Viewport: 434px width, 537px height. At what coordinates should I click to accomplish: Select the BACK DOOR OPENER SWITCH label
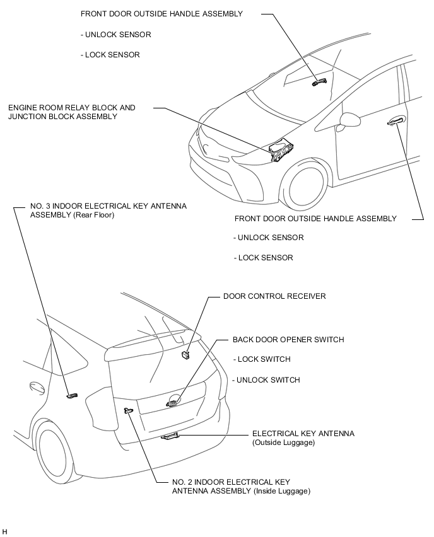pos(288,340)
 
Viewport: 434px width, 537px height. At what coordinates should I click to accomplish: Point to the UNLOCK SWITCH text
pos(267,380)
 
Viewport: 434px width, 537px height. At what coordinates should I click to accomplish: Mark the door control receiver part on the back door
pos(185,356)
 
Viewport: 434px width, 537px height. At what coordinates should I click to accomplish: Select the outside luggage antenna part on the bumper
pos(171,436)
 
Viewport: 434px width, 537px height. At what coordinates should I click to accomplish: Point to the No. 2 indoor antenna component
pos(129,410)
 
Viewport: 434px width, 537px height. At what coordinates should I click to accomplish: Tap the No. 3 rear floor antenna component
pos(72,395)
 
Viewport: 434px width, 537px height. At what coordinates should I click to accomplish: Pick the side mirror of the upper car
pos(348,118)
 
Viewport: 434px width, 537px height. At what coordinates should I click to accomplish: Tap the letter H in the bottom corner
pos(5,531)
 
